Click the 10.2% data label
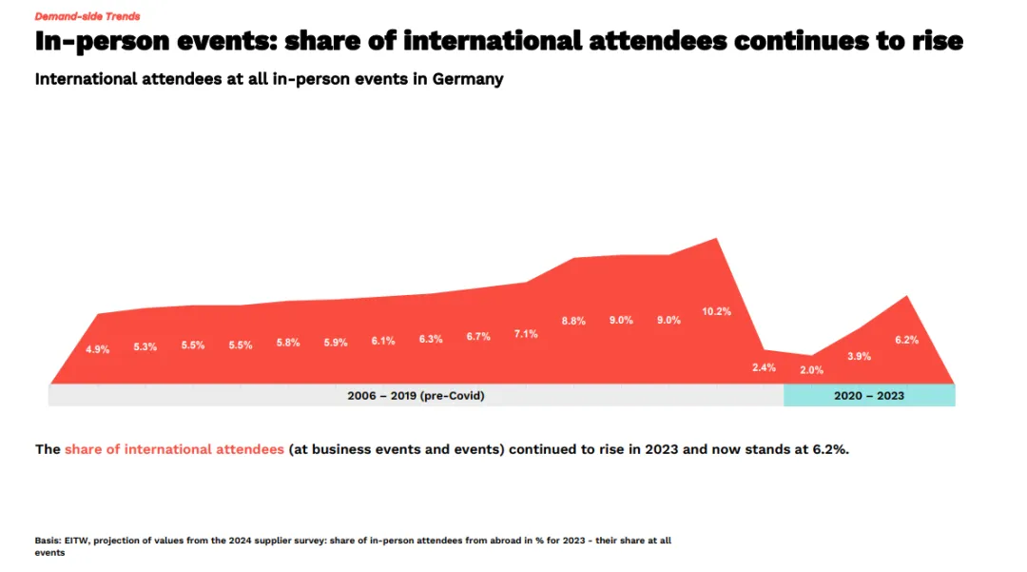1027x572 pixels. coord(716,311)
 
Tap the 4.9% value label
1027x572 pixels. coord(97,349)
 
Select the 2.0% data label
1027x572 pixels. coord(811,370)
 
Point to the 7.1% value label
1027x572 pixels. coord(526,334)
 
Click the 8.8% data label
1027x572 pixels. coord(573,321)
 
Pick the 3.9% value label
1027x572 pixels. coord(859,356)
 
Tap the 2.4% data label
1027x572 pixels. coord(764,367)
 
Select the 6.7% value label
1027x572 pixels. coord(478,337)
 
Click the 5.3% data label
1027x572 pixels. coord(145,346)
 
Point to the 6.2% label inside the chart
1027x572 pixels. coord(906,340)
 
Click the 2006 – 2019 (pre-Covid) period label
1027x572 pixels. coord(416,396)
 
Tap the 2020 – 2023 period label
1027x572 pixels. coord(869,396)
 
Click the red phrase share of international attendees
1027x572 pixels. coord(174,449)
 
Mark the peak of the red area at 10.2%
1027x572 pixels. coord(716,239)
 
